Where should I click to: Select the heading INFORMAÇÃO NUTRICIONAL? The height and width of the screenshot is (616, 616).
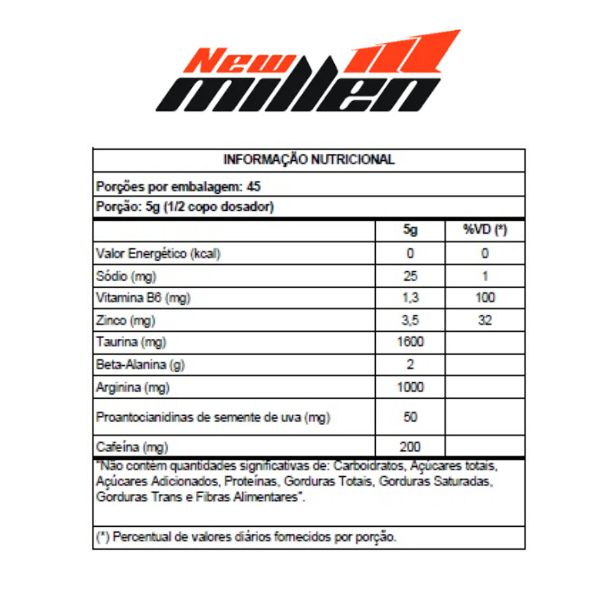pos(309,160)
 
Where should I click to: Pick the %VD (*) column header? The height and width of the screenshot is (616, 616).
pos(485,231)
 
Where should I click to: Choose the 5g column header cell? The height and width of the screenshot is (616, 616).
pos(410,231)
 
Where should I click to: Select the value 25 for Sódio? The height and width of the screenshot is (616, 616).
pos(410,276)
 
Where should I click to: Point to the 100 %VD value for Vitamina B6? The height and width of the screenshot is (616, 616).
pos(485,298)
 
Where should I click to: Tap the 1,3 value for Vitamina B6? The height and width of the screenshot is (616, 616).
pos(410,298)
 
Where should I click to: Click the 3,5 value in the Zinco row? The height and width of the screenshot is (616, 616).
pos(410,320)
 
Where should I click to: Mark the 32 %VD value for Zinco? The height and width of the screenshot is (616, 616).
pos(485,320)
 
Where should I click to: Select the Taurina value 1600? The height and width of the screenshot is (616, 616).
pos(410,342)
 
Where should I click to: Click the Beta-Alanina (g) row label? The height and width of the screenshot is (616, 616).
pos(139,365)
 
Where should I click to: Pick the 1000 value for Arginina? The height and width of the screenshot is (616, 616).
pos(410,387)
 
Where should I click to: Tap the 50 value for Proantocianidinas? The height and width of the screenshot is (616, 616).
pos(410,417)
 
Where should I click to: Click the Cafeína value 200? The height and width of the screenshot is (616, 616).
pos(410,447)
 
